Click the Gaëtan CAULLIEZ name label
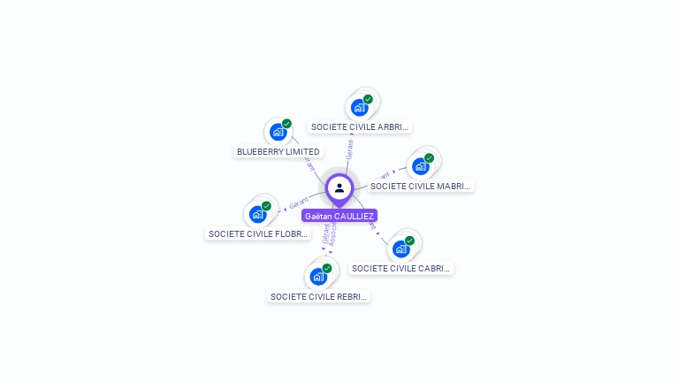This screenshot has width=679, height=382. pos(339,216)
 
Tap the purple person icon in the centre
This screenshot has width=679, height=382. pos(339,187)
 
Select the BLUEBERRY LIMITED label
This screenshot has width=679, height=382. pos(278,151)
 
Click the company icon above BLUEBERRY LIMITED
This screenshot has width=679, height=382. pos(278,133)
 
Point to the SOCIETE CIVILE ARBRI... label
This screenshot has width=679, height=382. pos(360,127)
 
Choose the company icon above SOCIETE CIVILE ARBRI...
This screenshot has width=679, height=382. pos(359,108)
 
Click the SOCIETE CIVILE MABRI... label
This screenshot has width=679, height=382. pos(421,186)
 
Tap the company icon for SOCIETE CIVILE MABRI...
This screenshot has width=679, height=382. pos(421,165)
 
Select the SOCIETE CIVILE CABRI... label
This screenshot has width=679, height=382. pos(402,268)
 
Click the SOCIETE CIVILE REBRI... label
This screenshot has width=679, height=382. pos(318,296)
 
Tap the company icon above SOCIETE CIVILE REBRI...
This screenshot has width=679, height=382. pos(318,276)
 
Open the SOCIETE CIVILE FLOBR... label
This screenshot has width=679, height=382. pos(258,234)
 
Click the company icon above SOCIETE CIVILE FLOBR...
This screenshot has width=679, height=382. pos(257,214)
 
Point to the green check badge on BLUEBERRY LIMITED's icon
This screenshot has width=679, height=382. pos(286,124)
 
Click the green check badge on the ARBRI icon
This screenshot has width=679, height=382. pos(368,99)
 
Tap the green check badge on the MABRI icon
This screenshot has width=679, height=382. pos(429,158)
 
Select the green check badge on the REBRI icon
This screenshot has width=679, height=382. pos(327,268)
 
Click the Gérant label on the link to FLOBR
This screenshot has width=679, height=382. pos(298,203)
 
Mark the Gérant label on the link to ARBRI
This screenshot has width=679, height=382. pos(350,149)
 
